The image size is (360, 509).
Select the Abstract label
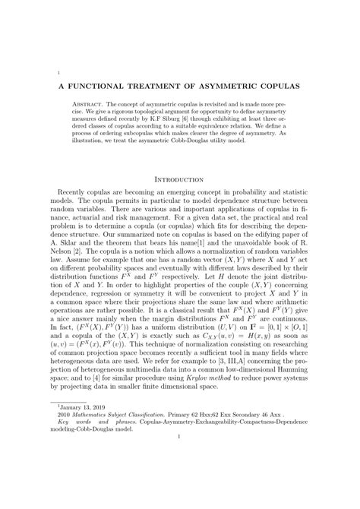pyautogui.click(x=91, y=103)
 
